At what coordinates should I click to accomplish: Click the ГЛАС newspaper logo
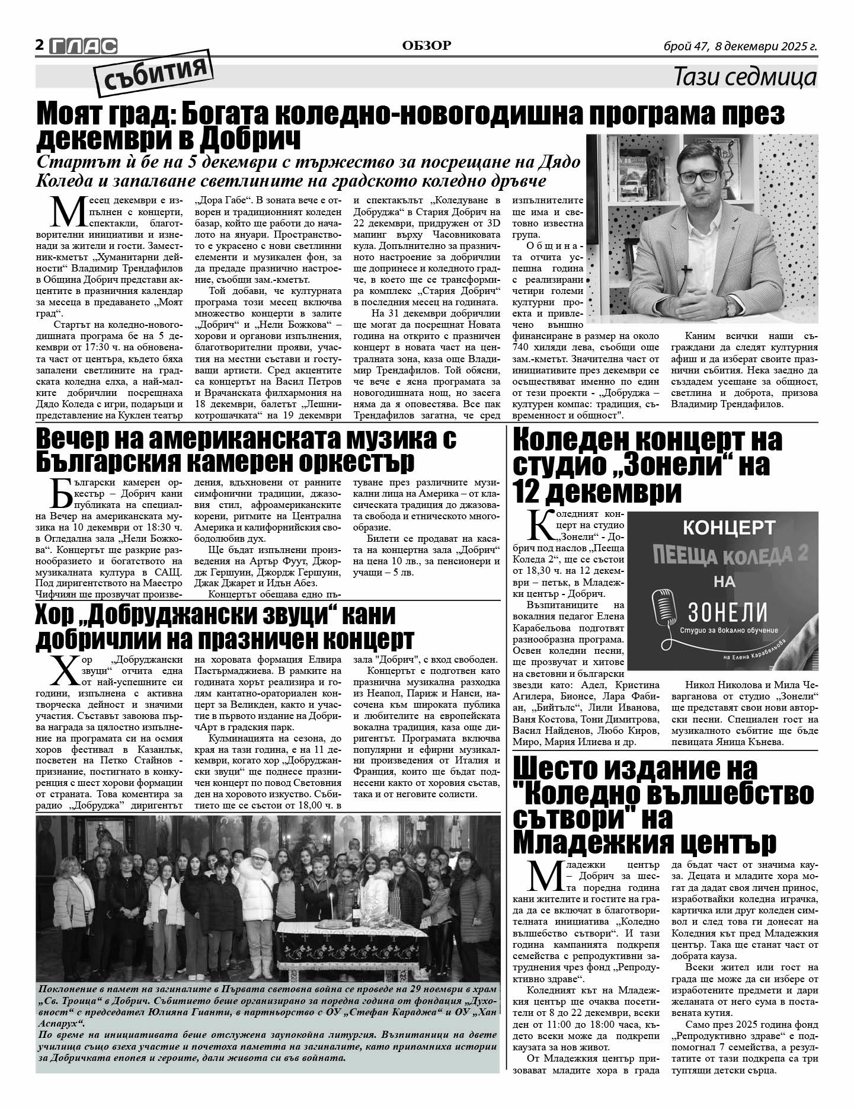click(x=83, y=46)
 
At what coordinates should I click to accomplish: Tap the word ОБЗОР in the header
click(x=426, y=45)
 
